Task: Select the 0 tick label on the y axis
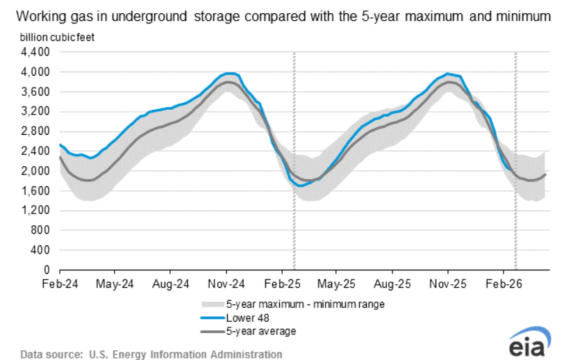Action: tap(48, 270)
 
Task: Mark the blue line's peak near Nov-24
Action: tap(229, 73)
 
